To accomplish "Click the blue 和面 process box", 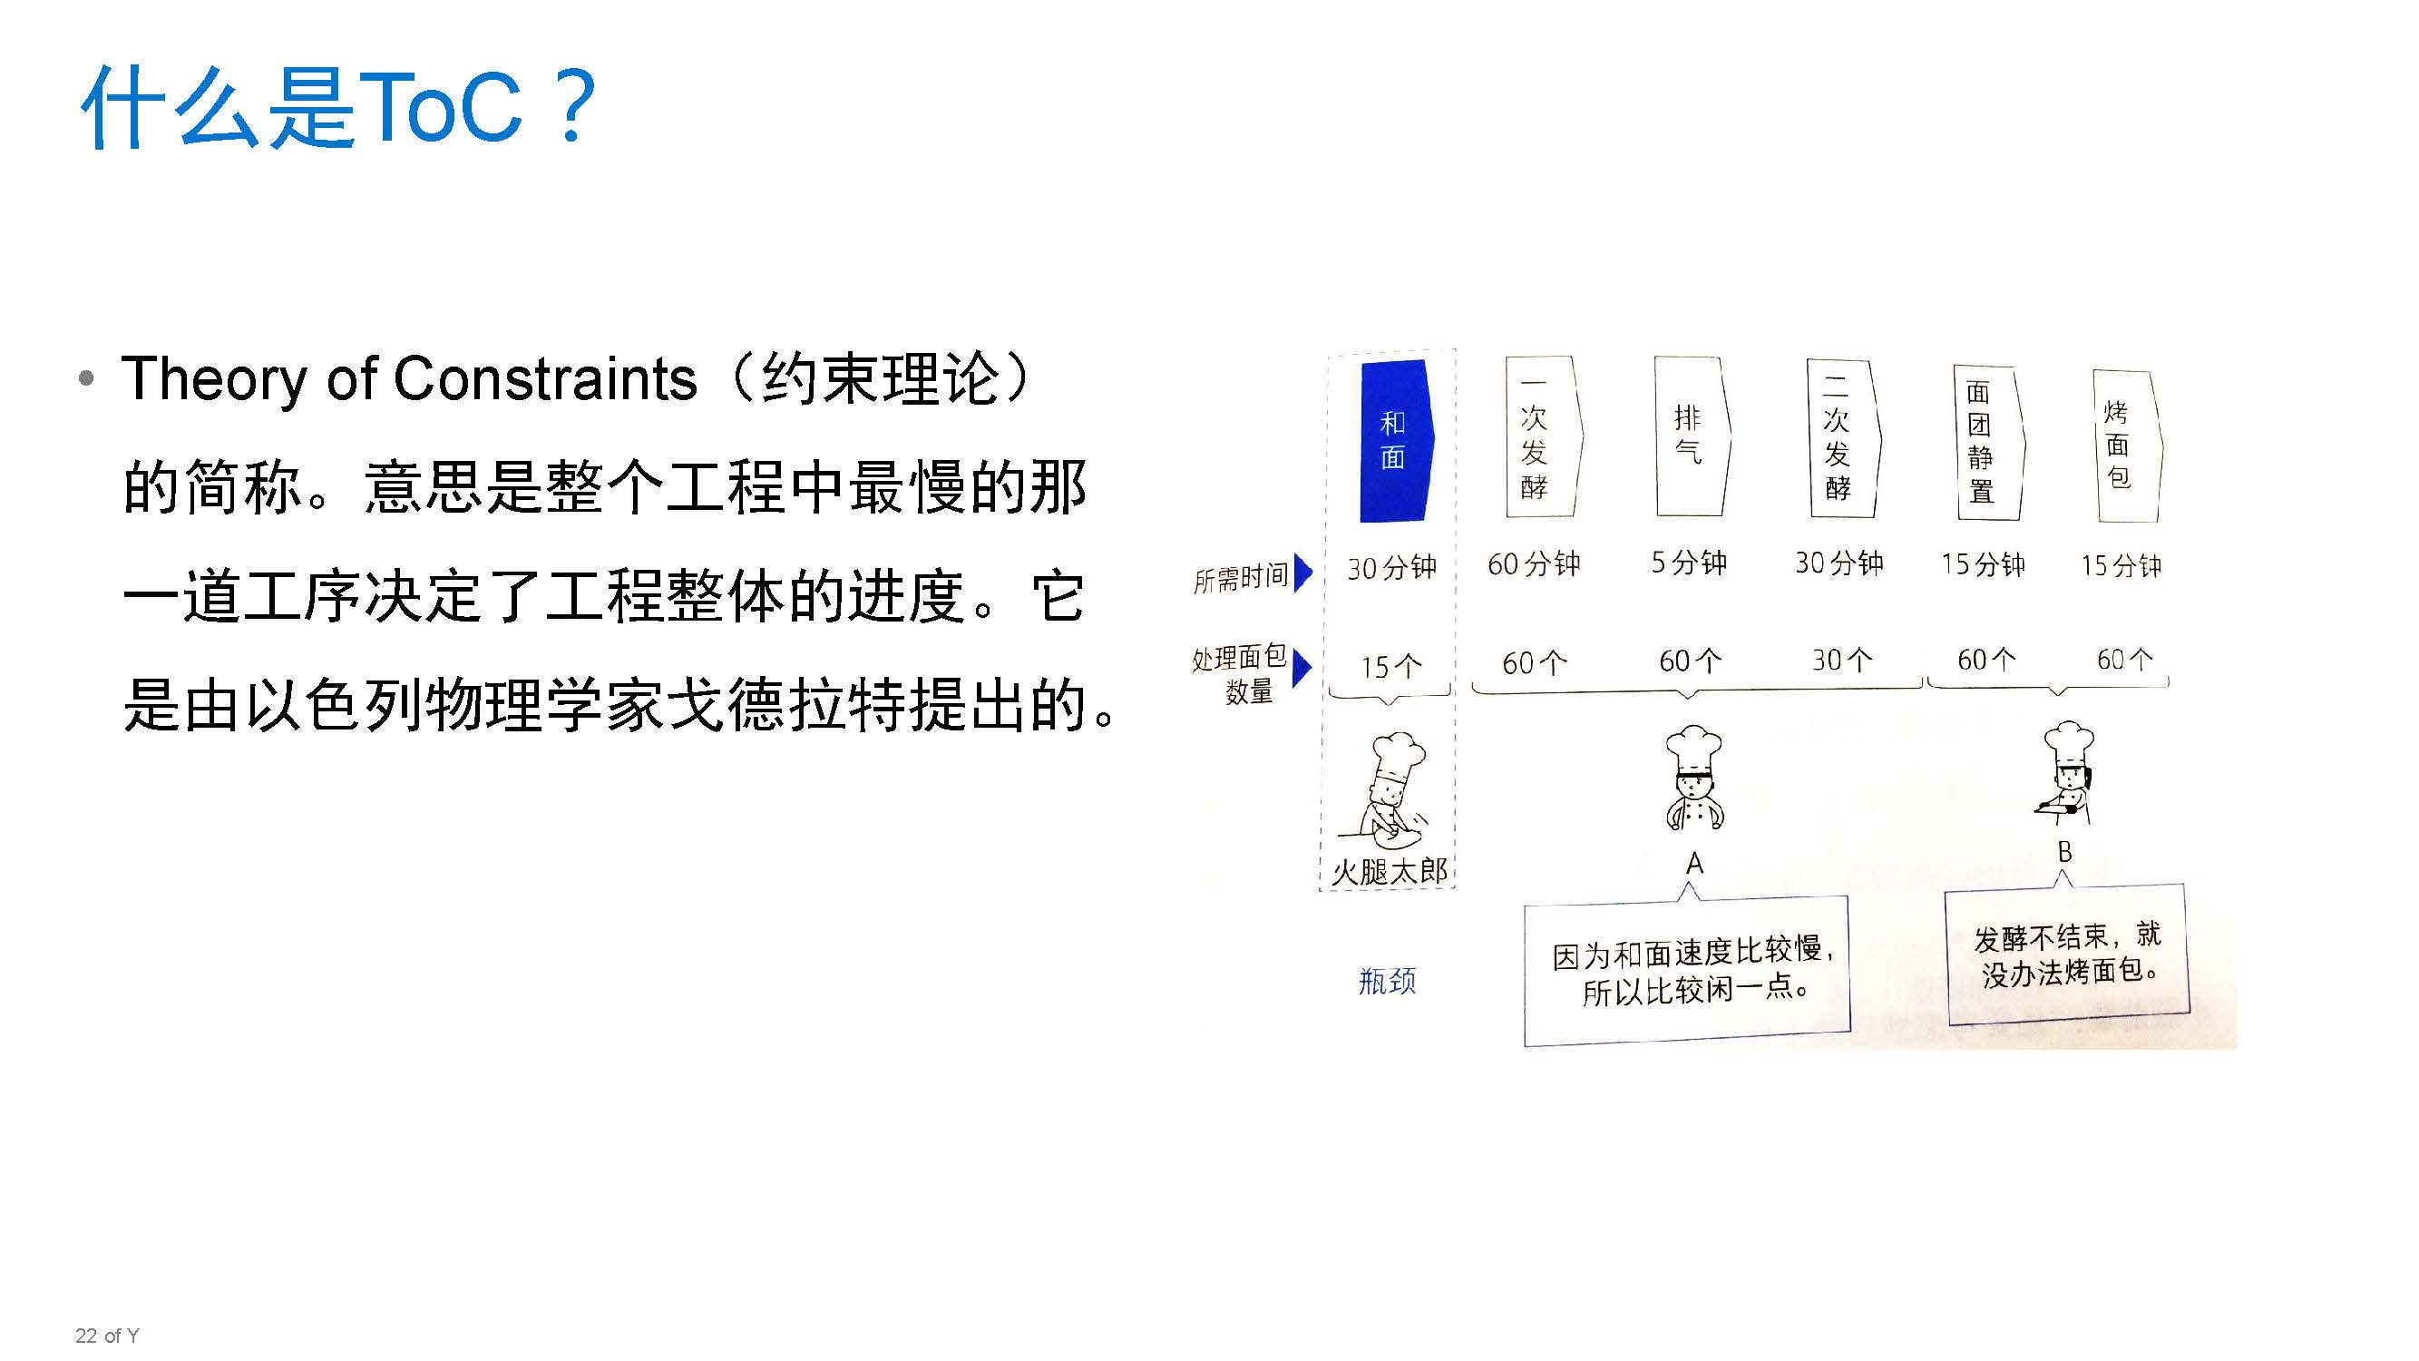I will (1394, 439).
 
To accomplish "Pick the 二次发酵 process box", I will (1840, 438).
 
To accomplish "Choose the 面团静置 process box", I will (1985, 443).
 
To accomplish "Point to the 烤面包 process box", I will (2124, 446).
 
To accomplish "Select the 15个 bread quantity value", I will (1390, 667).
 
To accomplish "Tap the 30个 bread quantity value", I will (1840, 661).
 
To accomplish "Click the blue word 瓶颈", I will (1387, 982).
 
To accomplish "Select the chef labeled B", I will (2066, 774).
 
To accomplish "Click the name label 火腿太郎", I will (1389, 872).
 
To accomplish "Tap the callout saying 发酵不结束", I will (2066, 955).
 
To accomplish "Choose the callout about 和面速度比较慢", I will (1687, 971).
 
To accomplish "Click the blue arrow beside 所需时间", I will (1302, 573).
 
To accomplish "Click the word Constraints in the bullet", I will (544, 379).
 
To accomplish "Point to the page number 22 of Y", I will (107, 1336).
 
